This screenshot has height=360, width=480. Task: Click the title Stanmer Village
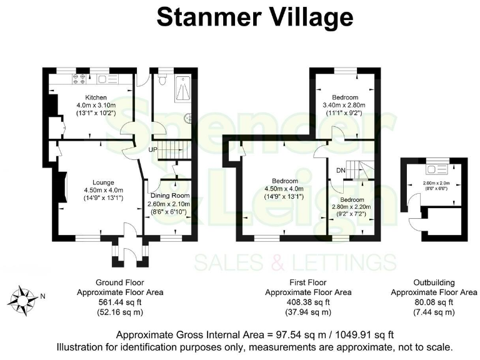254,17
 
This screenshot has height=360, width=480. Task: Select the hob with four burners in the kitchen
81,79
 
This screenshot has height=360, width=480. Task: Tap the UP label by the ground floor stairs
152,149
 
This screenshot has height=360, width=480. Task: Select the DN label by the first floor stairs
341,171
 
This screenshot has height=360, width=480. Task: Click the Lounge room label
103,182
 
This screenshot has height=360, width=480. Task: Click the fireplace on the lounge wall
64,187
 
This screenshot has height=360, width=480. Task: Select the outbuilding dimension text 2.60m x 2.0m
436,183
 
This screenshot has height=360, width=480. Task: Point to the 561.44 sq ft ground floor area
120,302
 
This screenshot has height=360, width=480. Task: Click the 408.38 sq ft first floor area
308,302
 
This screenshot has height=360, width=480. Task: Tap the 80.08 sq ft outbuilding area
434,302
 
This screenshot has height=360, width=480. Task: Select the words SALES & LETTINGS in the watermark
295,262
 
